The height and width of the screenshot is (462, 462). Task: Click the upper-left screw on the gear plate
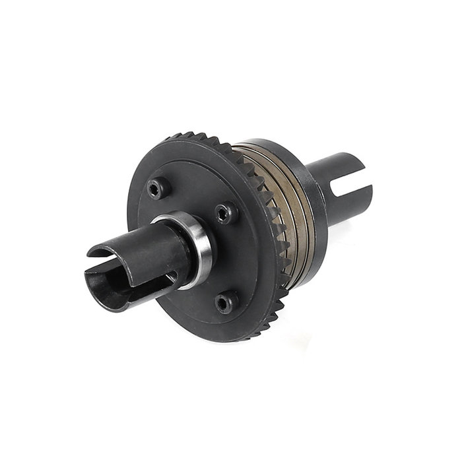click(155, 189)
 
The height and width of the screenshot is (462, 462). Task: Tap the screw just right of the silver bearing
click(226, 213)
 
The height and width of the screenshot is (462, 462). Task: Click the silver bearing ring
click(199, 249)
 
